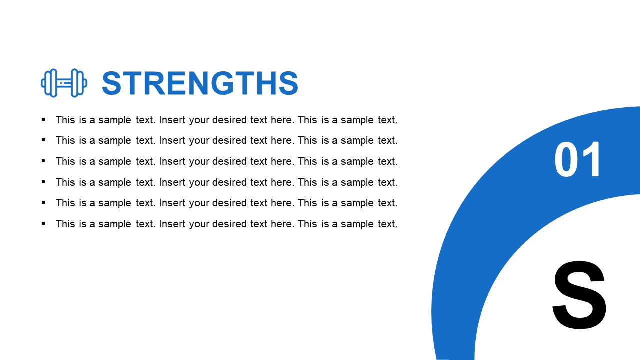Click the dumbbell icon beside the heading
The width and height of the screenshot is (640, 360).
[x=64, y=83]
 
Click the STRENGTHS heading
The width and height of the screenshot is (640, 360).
[x=200, y=83]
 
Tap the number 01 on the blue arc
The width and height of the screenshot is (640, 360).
[x=578, y=160]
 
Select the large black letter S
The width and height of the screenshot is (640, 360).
[x=580, y=295]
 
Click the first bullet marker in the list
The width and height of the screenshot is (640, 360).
[x=43, y=119]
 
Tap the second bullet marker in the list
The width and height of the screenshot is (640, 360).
[x=43, y=140]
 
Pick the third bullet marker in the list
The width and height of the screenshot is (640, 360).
[x=43, y=161]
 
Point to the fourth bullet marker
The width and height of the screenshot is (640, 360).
[x=43, y=182]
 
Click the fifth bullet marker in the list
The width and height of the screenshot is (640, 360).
[x=43, y=202]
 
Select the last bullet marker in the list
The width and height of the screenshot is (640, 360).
[x=43, y=223]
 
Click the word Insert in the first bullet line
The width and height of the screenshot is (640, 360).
[x=172, y=120]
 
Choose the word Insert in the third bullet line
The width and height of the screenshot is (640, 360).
[x=172, y=161]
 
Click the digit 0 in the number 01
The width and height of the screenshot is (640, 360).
[x=565, y=160]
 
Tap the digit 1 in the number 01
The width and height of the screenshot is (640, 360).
[x=593, y=160]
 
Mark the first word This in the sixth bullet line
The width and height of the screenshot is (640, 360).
[x=65, y=224]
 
